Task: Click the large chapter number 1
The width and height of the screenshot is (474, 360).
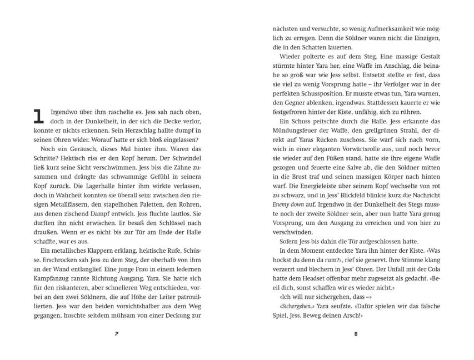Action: pyautogui.click(x=39, y=116)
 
